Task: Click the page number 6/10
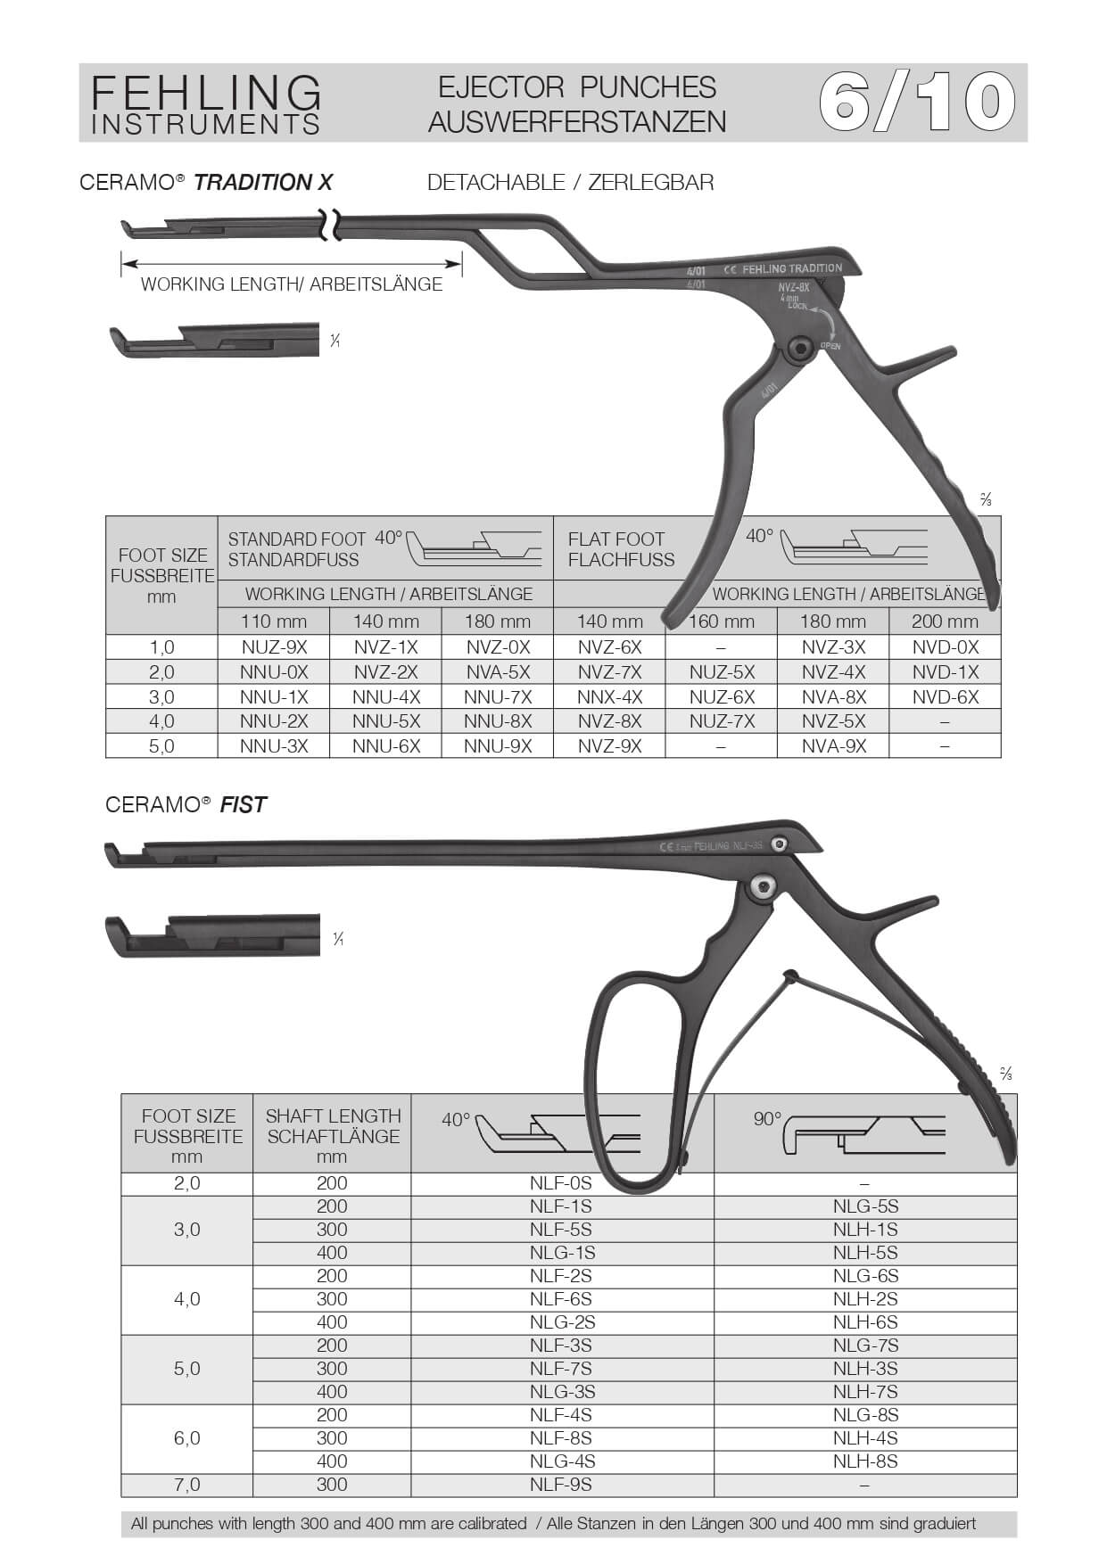click(917, 103)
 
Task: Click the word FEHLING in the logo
click(206, 92)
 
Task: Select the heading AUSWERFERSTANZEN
click(577, 122)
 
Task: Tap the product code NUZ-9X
click(274, 647)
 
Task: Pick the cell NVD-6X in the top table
click(945, 697)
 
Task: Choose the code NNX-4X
click(609, 697)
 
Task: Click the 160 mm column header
click(722, 621)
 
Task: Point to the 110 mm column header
click(274, 621)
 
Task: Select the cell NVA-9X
click(833, 746)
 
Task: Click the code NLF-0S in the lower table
click(561, 1183)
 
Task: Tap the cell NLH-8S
click(865, 1461)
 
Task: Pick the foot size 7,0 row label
click(187, 1485)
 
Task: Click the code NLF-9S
click(561, 1485)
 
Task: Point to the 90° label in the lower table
click(767, 1119)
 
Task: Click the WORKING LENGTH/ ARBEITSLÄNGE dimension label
click(292, 284)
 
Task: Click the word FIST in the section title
click(244, 805)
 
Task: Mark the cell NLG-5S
click(865, 1206)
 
